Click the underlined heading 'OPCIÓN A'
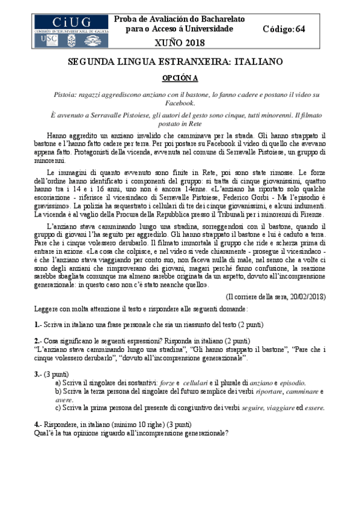tap(180, 78)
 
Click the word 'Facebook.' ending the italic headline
tap(178, 103)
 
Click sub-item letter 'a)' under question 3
tap(58, 382)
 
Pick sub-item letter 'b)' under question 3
tap(58, 391)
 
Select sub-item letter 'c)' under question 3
tap(58, 407)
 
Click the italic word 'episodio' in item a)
tap(291, 382)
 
